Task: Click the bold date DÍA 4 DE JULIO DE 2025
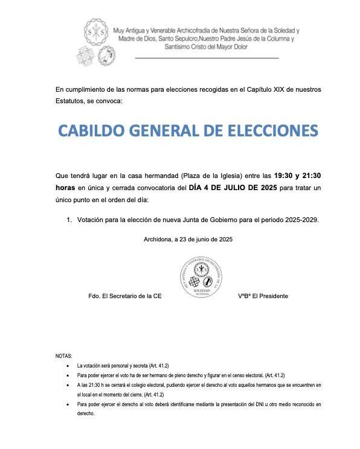click(x=233, y=188)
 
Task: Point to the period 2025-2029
click(x=298, y=220)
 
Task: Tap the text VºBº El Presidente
click(x=263, y=296)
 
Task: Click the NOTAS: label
click(x=63, y=356)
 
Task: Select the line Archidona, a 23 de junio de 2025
click(x=188, y=239)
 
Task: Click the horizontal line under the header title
click(x=207, y=58)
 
